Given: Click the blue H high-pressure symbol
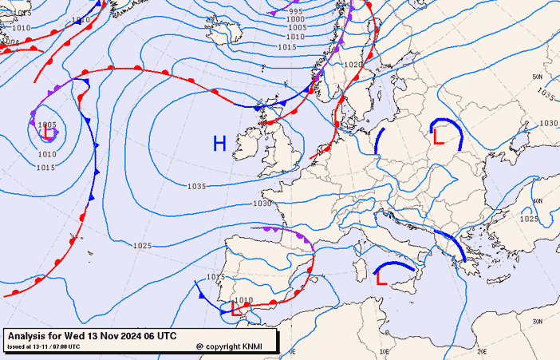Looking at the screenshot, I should pyautogui.click(x=219, y=144).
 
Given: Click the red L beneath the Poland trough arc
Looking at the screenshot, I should pyautogui.click(x=437, y=136).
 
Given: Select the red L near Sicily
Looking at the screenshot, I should pyautogui.click(x=381, y=279).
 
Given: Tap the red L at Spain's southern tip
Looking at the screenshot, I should pyautogui.click(x=235, y=308).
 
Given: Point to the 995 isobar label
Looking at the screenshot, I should pyautogui.click(x=296, y=11).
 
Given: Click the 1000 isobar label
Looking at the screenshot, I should pyautogui.click(x=296, y=19).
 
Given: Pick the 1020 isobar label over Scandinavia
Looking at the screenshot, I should pyautogui.click(x=353, y=65).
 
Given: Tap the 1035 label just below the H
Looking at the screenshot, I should pyautogui.click(x=197, y=186).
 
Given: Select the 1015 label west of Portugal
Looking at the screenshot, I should pyautogui.click(x=215, y=277).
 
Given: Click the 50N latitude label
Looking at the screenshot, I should pyautogui.click(x=538, y=77).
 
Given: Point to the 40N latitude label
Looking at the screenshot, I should pyautogui.click(x=538, y=201).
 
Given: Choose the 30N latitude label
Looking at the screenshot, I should pyautogui.click(x=538, y=321).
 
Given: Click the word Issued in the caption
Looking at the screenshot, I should pyautogui.click(x=17, y=346).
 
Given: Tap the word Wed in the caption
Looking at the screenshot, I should pyautogui.click(x=86, y=336).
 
